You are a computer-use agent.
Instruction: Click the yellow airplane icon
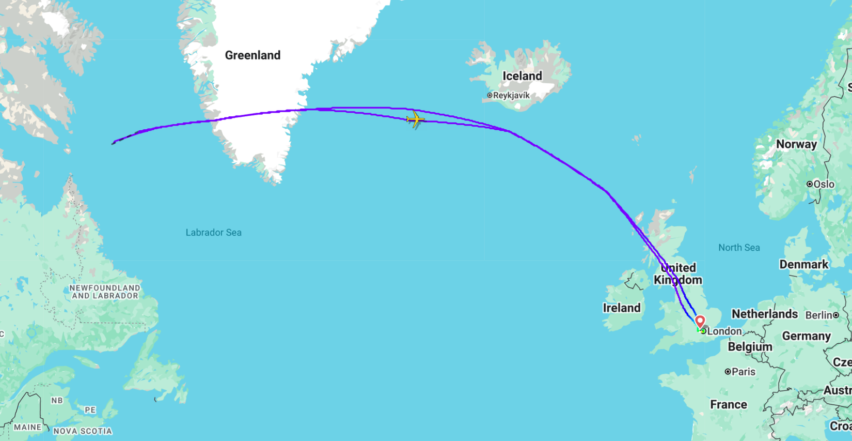(x=415, y=120)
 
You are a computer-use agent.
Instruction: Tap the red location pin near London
(x=700, y=322)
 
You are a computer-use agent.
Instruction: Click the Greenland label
(x=253, y=55)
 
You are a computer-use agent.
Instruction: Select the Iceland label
(x=522, y=76)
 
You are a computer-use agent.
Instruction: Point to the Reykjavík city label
(x=511, y=96)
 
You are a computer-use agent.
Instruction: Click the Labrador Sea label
(x=213, y=233)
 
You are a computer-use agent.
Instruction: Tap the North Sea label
(x=739, y=248)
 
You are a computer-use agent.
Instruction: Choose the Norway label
(x=796, y=144)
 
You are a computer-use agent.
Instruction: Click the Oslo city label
(x=824, y=184)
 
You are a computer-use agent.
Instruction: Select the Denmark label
(x=803, y=265)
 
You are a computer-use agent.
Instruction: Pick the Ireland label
(x=622, y=308)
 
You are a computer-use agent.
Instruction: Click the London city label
(x=724, y=331)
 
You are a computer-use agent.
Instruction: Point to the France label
(x=728, y=405)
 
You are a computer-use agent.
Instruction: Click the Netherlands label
(x=764, y=314)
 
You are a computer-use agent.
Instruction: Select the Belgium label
(x=750, y=347)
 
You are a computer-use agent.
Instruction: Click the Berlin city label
(x=819, y=315)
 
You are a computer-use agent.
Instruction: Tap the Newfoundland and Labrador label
(x=105, y=292)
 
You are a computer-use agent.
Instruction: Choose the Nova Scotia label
(x=83, y=431)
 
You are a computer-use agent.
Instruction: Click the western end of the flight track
(x=113, y=143)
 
